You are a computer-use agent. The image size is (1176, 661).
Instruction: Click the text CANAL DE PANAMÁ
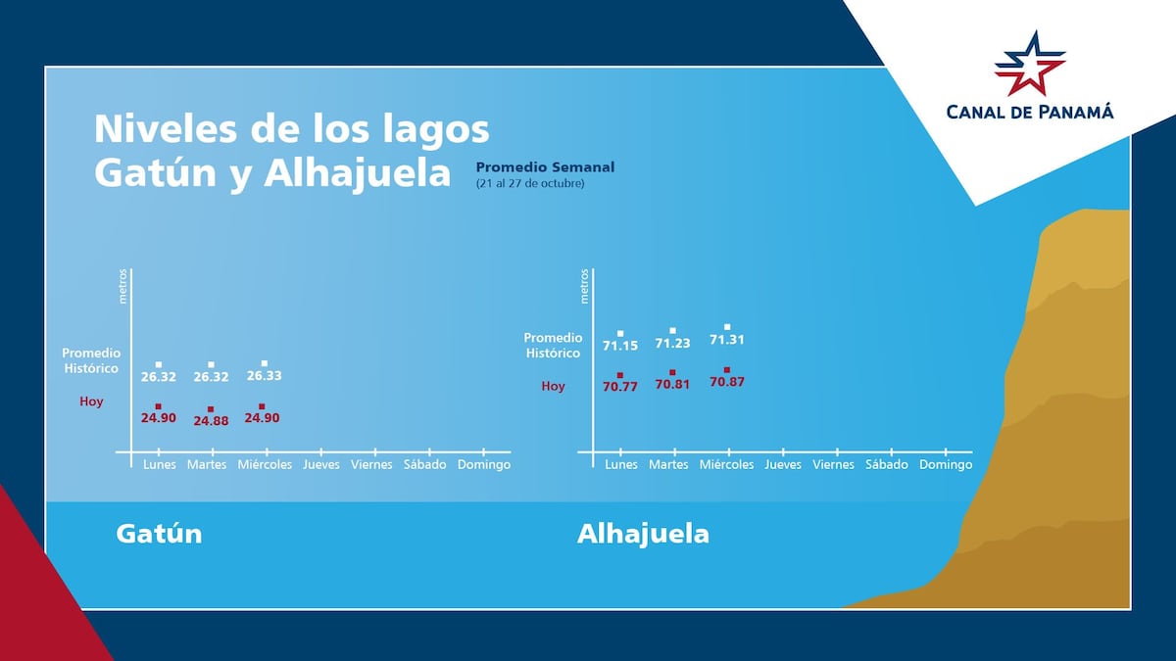pyautogui.click(x=1030, y=112)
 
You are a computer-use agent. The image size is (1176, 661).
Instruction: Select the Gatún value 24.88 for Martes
pyautogui.click(x=210, y=421)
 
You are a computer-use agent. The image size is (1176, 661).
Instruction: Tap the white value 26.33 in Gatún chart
pyautogui.click(x=264, y=376)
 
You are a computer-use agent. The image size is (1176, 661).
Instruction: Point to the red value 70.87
pyautogui.click(x=726, y=382)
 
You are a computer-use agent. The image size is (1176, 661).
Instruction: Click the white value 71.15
pyautogui.click(x=620, y=346)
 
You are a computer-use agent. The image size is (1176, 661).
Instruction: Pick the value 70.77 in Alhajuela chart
pyautogui.click(x=620, y=387)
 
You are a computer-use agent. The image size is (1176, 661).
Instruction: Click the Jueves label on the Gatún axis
pyautogui.click(x=321, y=464)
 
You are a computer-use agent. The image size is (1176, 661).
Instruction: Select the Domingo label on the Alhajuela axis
pyautogui.click(x=946, y=464)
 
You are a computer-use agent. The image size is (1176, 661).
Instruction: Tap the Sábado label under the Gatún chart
pyautogui.click(x=425, y=464)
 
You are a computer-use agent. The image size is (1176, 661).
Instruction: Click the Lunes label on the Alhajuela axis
pyautogui.click(x=621, y=464)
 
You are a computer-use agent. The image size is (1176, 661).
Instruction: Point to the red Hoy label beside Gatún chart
pyautogui.click(x=91, y=401)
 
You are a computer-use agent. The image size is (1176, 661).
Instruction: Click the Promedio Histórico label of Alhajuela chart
pyautogui.click(x=553, y=346)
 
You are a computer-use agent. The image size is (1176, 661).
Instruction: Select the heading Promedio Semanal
pyautogui.click(x=545, y=167)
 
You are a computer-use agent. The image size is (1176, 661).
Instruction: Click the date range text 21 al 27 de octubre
pyautogui.click(x=530, y=183)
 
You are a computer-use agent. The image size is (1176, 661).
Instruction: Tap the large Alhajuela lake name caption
pyautogui.click(x=643, y=534)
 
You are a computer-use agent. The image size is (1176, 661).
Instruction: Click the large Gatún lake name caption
pyautogui.click(x=159, y=534)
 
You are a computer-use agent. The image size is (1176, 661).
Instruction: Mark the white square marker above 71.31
pyautogui.click(x=727, y=327)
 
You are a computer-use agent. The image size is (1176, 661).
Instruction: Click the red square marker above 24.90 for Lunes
pyautogui.click(x=158, y=406)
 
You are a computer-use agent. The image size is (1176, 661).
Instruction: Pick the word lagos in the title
pyautogui.click(x=434, y=129)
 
